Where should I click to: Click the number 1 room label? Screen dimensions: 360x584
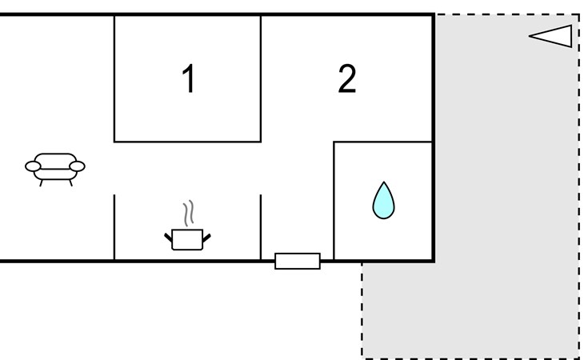tap(188, 79)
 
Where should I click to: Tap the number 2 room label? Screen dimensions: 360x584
tap(346, 79)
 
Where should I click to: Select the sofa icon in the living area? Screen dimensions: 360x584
tap(55, 168)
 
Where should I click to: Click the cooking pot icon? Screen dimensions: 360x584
tap(188, 238)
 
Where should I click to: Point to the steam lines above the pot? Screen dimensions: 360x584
tap(189, 214)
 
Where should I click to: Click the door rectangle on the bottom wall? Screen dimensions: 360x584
tap(298, 261)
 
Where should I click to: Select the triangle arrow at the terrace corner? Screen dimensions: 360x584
tap(551, 36)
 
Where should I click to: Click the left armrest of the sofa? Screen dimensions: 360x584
tap(33, 166)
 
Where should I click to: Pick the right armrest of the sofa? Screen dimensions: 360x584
tap(78, 166)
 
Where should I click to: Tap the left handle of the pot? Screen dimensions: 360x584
tap(169, 235)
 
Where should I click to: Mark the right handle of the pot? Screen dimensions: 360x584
tap(207, 235)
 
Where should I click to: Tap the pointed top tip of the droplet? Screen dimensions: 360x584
tap(384, 183)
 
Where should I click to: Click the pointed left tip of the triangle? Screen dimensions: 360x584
tap(530, 36)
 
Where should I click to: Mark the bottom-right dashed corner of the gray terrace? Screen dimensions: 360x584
tap(578, 358)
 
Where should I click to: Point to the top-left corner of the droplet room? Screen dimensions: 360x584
tap(334, 142)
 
